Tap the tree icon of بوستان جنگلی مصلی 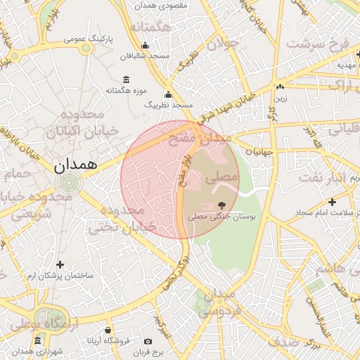(x=223, y=205)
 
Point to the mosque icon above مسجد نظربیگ (x=168, y=95)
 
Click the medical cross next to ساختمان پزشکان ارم (x=60, y=264)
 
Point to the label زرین (x=281, y=99)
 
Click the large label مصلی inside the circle (x=221, y=179)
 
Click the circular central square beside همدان (x=69, y=184)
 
